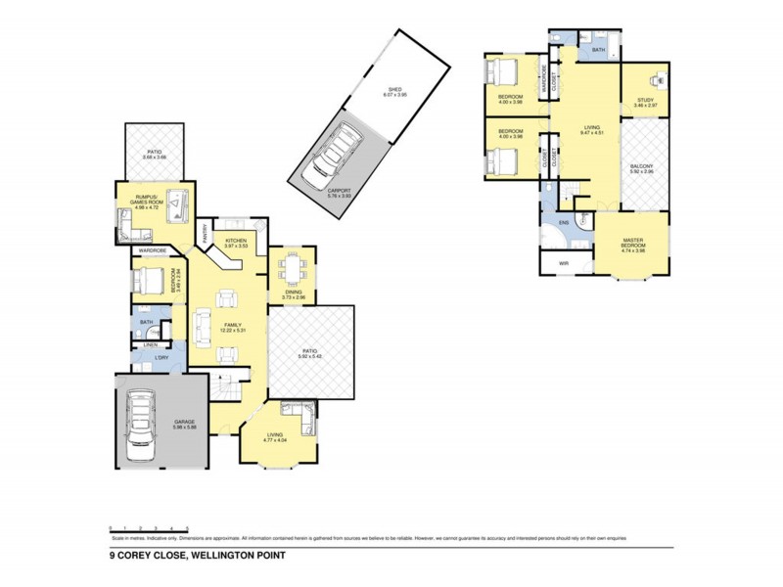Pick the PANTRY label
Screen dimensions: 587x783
pyautogui.click(x=207, y=236)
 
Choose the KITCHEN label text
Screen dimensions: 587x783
pyautogui.click(x=236, y=241)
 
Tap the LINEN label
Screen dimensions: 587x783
pyautogui.click(x=150, y=345)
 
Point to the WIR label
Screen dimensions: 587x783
pyautogui.click(x=564, y=263)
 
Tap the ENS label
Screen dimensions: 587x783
pyautogui.click(x=564, y=222)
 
